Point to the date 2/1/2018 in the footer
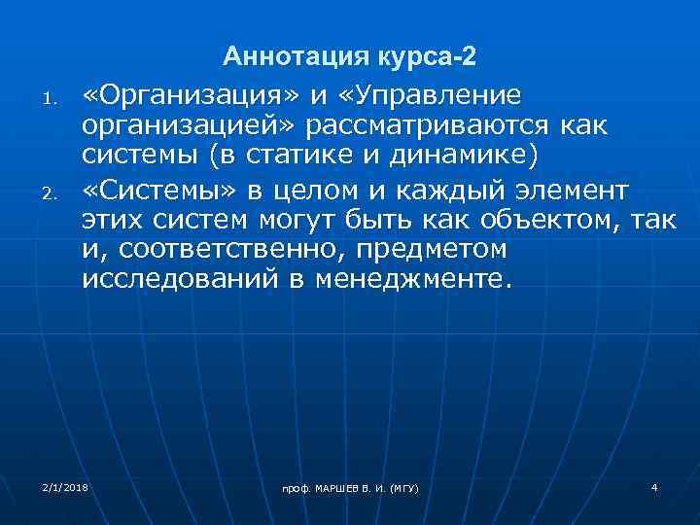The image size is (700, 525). pos(65,484)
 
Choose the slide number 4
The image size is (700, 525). pos(655,485)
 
